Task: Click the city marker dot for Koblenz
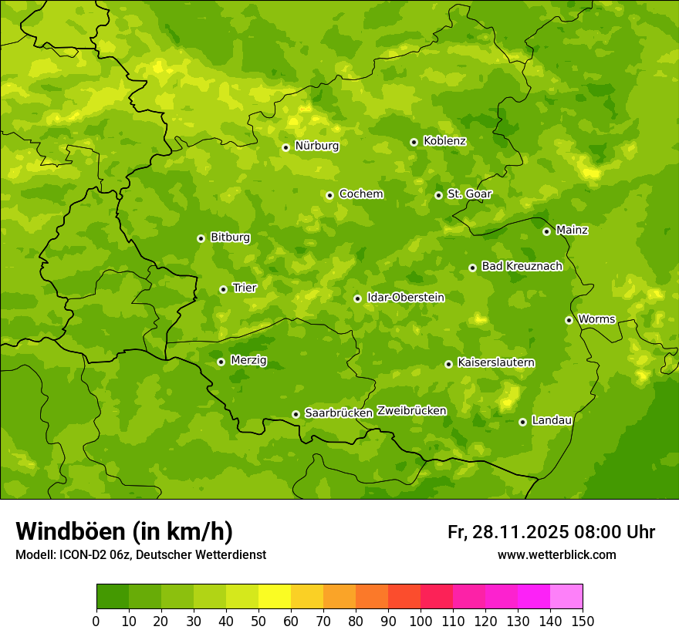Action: [414, 142]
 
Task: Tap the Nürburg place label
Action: [316, 146]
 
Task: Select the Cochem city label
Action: [360, 194]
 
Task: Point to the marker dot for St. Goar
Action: [438, 195]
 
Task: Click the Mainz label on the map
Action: [572, 231]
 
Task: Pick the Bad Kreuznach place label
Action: [522, 267]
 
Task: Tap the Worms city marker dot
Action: [569, 320]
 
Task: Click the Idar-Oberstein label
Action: [405, 298]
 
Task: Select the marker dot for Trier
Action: [223, 289]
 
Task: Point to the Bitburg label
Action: [230, 237]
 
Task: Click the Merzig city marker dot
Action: [221, 362]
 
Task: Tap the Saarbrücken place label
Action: [338, 413]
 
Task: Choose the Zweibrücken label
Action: [411, 411]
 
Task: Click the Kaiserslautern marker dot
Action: [448, 364]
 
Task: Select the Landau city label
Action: [552, 421]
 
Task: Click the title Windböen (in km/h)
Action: [124, 531]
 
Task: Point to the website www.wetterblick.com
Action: [556, 554]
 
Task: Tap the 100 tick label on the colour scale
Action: [421, 621]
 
